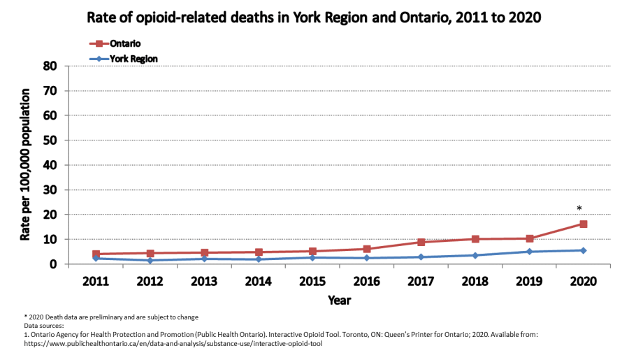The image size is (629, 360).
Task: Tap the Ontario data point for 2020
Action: tap(583, 224)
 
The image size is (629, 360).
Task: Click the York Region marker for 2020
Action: tap(583, 250)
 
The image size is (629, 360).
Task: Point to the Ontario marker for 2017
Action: tap(421, 242)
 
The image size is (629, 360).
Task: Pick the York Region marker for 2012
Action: tap(150, 260)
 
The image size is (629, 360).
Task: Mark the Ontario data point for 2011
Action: tap(96, 254)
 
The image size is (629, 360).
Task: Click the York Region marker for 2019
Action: tap(529, 252)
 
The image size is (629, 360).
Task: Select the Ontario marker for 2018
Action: tap(475, 239)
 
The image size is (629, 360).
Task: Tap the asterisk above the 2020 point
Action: tap(579, 208)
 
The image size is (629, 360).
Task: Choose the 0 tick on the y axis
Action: tap(53, 264)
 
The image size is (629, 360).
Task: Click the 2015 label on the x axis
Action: tap(312, 280)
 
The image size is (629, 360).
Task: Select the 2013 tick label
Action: tap(204, 280)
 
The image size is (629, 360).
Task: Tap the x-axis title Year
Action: tap(340, 300)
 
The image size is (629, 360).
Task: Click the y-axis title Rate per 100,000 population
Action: tap(25, 165)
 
